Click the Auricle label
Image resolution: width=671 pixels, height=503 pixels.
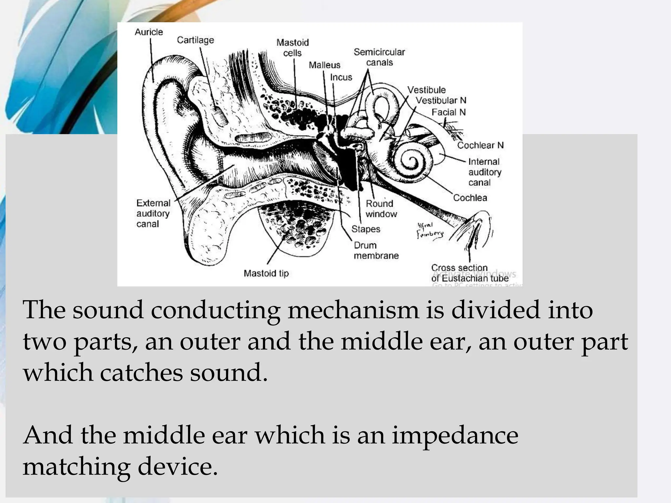point(149,32)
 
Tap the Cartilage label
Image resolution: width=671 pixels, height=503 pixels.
point(195,40)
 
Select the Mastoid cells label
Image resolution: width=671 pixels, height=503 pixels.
point(293,48)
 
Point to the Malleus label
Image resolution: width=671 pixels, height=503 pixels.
point(324,65)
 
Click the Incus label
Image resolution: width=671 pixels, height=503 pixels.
point(341,77)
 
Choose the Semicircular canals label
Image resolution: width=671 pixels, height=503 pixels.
point(379,57)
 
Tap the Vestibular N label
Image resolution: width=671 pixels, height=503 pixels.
point(441,101)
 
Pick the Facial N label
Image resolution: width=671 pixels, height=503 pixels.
point(448,112)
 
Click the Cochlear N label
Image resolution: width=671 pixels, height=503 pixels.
point(480,145)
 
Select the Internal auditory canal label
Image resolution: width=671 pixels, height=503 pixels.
point(484,172)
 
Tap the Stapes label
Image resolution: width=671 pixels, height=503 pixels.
point(366,229)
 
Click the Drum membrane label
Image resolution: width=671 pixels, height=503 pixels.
point(376,251)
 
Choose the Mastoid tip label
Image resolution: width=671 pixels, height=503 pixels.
point(266,273)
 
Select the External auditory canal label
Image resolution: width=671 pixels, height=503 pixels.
point(153,214)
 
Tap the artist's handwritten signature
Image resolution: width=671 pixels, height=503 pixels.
point(429,230)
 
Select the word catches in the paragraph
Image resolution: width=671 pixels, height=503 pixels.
point(141,373)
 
